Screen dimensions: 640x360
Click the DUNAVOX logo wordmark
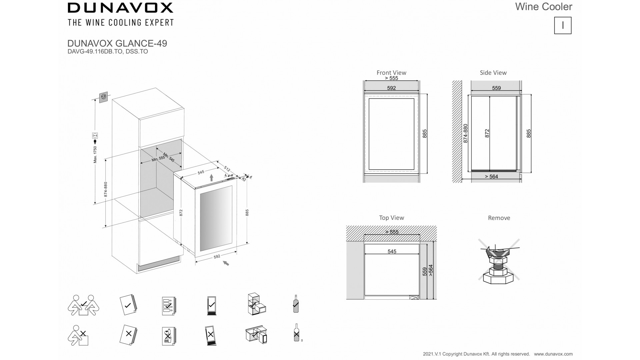(120, 8)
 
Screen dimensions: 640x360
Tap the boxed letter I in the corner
(563, 25)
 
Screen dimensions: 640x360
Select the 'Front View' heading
(391, 72)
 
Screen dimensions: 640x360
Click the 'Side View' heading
(493, 72)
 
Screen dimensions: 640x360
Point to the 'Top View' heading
(391, 218)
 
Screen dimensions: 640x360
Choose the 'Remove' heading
(499, 218)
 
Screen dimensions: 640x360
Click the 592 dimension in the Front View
(391, 88)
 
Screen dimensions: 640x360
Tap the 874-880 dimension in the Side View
(466, 133)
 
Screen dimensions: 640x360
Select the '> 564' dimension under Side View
(491, 177)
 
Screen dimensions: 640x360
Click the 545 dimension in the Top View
(392, 251)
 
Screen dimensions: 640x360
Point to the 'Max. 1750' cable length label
(95, 154)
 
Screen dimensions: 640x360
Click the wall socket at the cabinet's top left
(104, 97)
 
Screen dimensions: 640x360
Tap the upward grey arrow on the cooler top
(211, 177)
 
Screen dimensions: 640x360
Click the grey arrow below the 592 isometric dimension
(226, 263)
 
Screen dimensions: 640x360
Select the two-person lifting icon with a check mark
(83, 305)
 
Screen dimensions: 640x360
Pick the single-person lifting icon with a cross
(79, 335)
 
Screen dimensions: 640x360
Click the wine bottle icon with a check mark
(296, 304)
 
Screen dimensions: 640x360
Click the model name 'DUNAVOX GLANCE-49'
(117, 43)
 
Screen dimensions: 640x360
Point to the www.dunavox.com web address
(553, 354)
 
